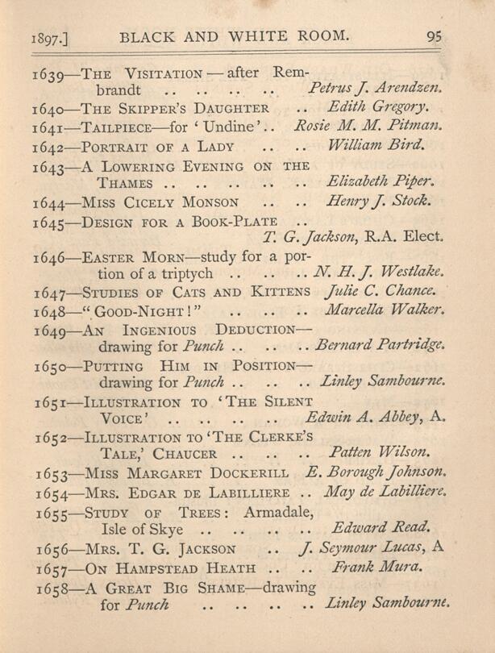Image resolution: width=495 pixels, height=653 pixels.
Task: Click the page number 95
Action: point(435,35)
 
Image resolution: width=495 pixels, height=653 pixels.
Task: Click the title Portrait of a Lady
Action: point(159,147)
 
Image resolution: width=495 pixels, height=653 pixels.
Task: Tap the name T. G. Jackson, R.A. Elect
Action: point(355,238)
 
